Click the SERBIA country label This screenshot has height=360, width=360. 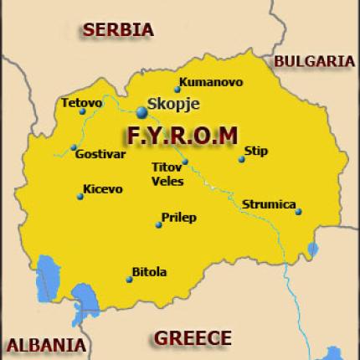(x=118, y=29)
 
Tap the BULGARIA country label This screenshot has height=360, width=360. (x=314, y=61)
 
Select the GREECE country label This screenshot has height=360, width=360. (x=192, y=337)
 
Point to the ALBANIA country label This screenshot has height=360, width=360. (x=45, y=344)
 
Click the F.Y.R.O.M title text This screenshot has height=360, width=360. (x=181, y=135)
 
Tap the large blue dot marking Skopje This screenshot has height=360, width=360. (x=141, y=111)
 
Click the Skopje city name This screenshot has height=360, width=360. (x=172, y=106)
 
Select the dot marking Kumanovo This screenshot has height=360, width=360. (x=177, y=90)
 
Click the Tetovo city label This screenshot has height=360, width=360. (x=81, y=103)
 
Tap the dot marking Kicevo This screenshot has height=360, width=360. (x=80, y=197)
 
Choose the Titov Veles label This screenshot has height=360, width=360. (x=167, y=173)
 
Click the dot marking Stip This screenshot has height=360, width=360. (x=241, y=159)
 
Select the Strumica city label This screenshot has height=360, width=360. (x=269, y=204)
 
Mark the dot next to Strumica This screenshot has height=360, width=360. (x=298, y=212)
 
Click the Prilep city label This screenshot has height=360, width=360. (x=180, y=218)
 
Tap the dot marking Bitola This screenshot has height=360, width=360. (x=128, y=279)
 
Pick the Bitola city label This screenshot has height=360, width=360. (x=150, y=272)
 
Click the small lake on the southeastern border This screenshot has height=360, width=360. (x=313, y=249)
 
